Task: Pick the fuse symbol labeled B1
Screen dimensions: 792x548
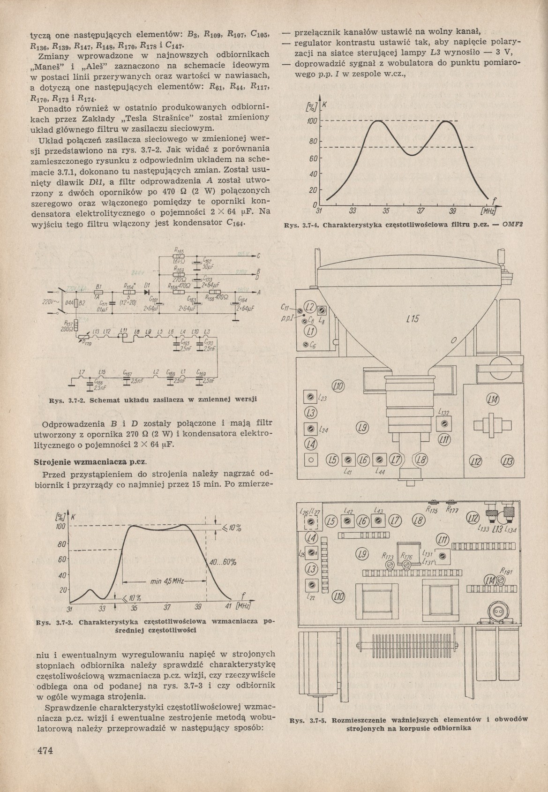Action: click(x=98, y=292)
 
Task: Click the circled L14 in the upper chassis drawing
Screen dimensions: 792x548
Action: click(x=493, y=399)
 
